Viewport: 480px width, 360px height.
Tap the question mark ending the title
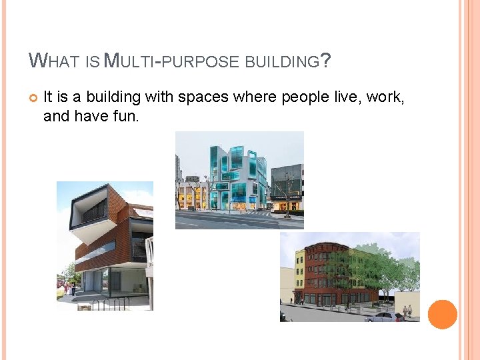[x=325, y=61]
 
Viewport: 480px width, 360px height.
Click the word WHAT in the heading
[x=55, y=61]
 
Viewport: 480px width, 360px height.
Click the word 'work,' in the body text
[x=385, y=97]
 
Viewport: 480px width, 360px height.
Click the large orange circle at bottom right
[x=443, y=314]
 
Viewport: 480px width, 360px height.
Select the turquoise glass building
[x=237, y=177]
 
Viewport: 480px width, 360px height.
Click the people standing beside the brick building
[x=68, y=289]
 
